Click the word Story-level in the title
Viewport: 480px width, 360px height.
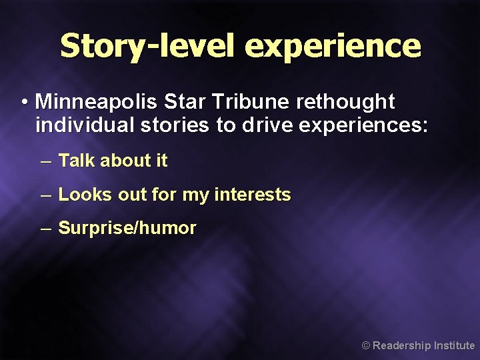[148, 46]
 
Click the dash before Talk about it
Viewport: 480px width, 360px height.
[45, 161]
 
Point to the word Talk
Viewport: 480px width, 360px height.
[77, 161]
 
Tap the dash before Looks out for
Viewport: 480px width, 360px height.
[45, 195]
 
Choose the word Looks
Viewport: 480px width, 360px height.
[85, 195]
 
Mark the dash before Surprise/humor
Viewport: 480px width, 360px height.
[45, 229]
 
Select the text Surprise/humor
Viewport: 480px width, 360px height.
[127, 228]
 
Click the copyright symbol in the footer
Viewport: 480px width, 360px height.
[365, 346]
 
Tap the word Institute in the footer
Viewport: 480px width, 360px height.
[454, 345]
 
